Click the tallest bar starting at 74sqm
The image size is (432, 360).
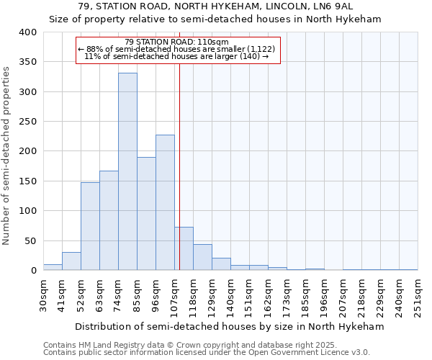[x=127, y=171]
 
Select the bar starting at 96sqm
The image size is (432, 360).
[x=165, y=202]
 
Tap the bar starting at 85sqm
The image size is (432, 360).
[x=146, y=213]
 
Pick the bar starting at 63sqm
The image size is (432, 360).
[x=109, y=220]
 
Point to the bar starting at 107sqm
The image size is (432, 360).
[x=184, y=248]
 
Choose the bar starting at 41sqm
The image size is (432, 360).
[x=71, y=261]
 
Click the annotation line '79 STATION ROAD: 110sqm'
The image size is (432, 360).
[x=176, y=42]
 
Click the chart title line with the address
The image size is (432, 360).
[x=215, y=6]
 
